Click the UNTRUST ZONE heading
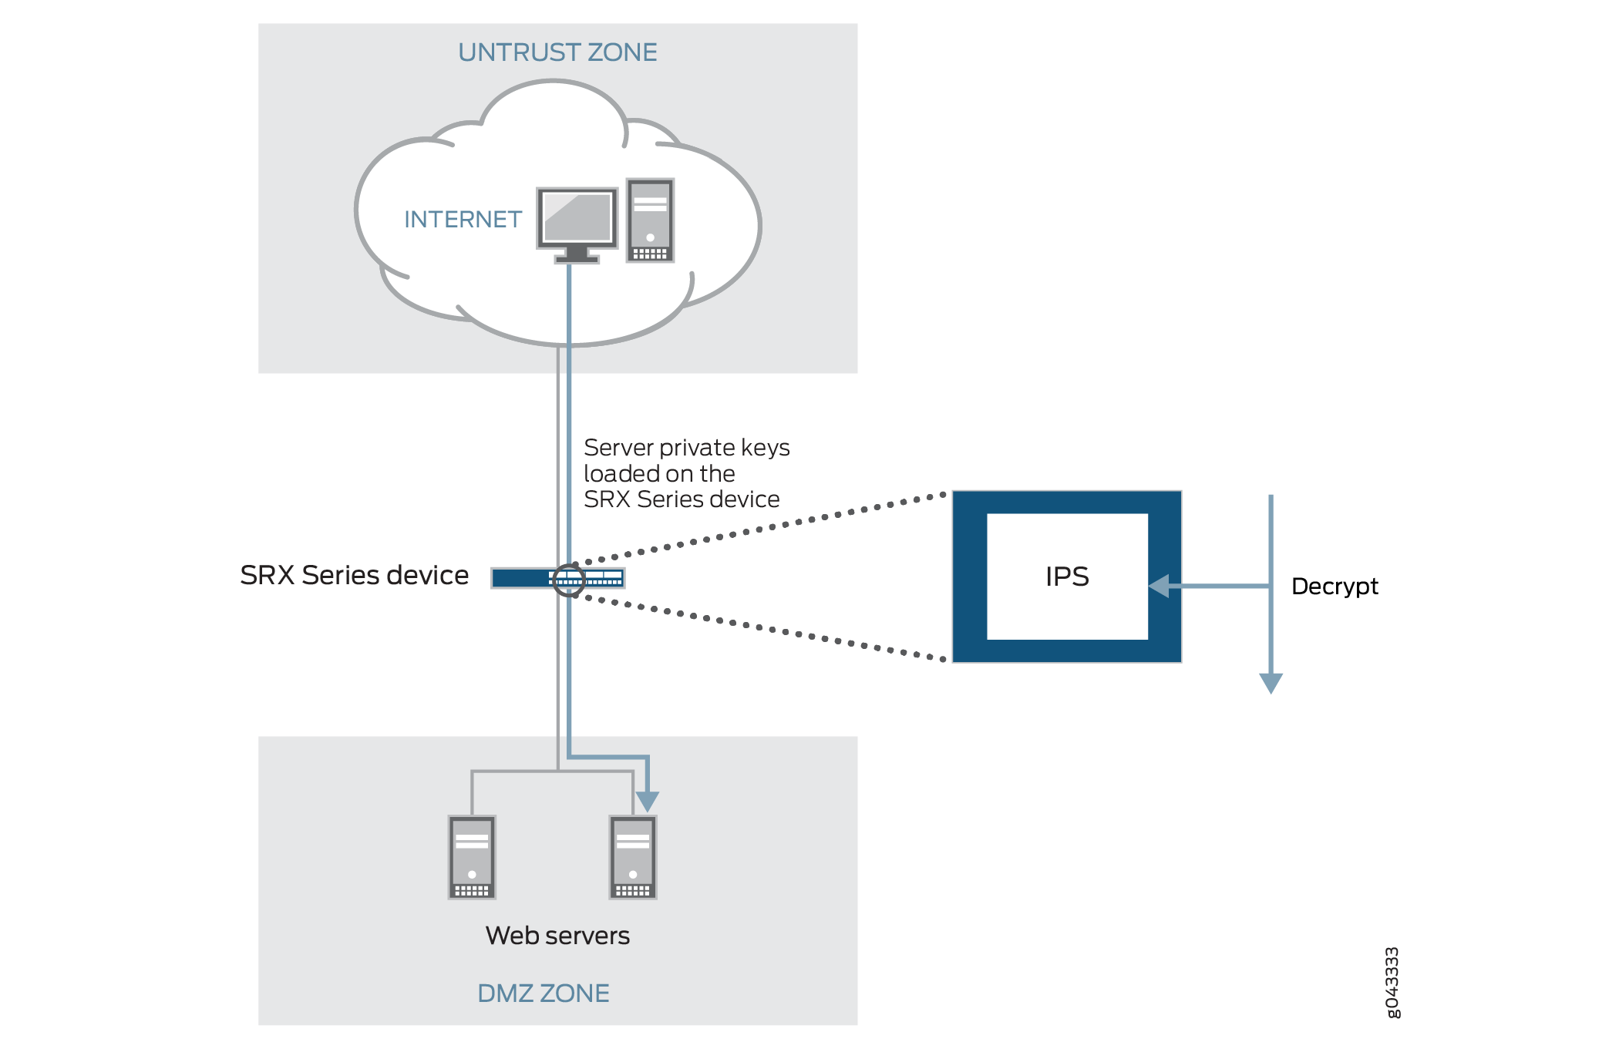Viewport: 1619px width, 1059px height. [x=557, y=52]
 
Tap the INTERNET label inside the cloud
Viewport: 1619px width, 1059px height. [x=463, y=220]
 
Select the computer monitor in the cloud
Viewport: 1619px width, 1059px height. [x=577, y=220]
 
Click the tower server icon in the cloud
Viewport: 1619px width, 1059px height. [x=650, y=220]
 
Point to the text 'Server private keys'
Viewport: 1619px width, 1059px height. [x=686, y=448]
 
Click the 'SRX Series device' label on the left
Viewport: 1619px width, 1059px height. [x=354, y=575]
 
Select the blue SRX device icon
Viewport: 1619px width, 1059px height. [x=524, y=577]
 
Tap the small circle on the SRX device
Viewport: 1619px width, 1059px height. [x=569, y=579]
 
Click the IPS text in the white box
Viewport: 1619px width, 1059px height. [x=1067, y=577]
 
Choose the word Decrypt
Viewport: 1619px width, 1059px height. [x=1335, y=587]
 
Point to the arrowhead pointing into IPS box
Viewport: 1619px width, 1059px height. [x=1159, y=587]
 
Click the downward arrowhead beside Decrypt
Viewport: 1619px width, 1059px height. [x=1271, y=683]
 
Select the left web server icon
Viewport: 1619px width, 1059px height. [x=472, y=857]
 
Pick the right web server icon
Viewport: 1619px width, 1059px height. [x=633, y=857]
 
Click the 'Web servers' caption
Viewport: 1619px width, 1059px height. [x=557, y=936]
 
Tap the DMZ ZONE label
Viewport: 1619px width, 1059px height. [x=543, y=993]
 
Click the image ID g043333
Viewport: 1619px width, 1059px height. [x=1392, y=983]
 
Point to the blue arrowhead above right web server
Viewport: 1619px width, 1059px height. [x=648, y=801]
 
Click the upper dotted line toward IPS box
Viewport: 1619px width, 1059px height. [x=763, y=528]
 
